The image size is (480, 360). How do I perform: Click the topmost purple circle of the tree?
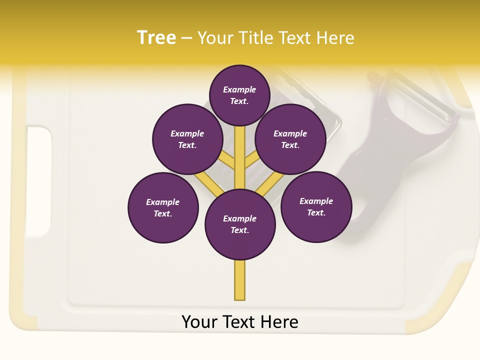pos(239,95)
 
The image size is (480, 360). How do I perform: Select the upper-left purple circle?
pos(187,139)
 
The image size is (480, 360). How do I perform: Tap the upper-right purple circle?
pos(290,139)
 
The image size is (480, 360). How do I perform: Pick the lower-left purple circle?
pos(163,207)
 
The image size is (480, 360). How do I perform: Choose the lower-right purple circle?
pos(316,206)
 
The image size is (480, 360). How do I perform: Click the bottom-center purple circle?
pos(240,224)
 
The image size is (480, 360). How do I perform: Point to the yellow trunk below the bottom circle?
pos(240,280)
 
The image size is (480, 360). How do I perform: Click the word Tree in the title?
pos(156,38)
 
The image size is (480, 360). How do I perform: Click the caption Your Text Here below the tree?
pos(240,322)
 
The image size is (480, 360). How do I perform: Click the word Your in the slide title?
pos(215,38)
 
